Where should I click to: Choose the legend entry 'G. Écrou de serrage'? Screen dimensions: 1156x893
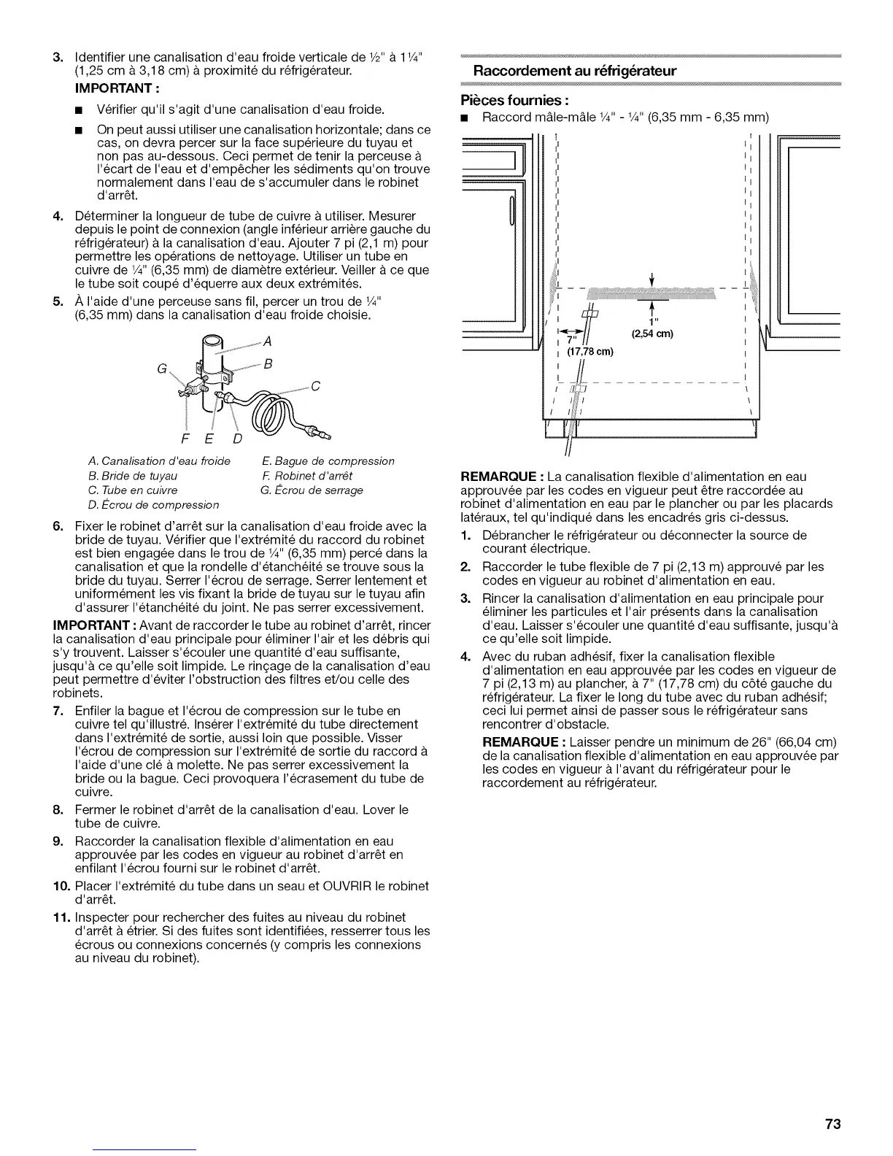coord(311,490)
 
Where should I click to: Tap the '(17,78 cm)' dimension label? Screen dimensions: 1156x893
coord(591,352)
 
